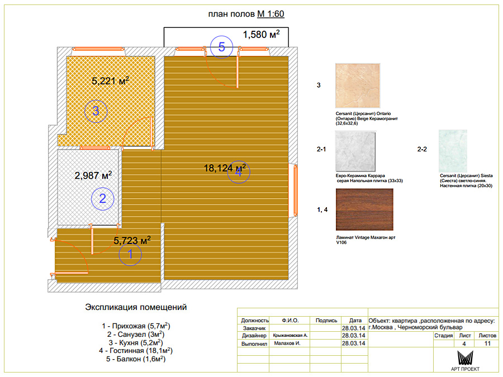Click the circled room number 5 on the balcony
point(221,47)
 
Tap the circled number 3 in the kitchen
point(96,111)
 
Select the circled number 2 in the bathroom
point(103,199)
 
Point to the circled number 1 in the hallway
point(130,254)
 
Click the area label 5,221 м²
point(110,80)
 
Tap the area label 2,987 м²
point(93,175)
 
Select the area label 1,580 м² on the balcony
point(261,34)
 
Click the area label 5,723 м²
point(132,240)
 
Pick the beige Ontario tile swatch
point(358,85)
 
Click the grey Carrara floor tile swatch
point(355,151)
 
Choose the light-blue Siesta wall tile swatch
point(453,151)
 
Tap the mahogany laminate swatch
point(364,209)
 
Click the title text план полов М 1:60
point(246,14)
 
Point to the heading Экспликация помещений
point(136,307)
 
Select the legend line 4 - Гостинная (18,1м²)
point(136,351)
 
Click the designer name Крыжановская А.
point(290,335)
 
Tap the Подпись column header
point(326,320)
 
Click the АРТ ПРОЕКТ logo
point(465,361)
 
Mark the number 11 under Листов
point(487,343)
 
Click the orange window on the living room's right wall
point(296,190)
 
